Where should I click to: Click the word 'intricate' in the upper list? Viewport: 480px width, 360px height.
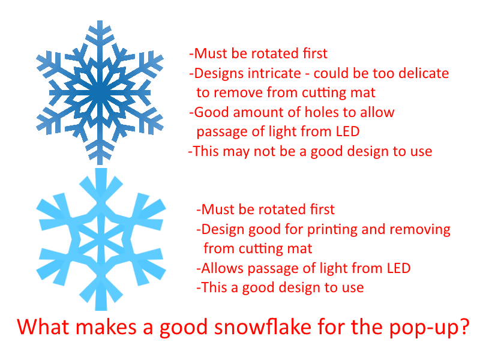click(274, 74)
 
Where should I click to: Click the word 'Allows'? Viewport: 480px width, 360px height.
click(221, 268)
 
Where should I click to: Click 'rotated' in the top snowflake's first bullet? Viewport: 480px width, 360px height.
click(272, 54)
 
